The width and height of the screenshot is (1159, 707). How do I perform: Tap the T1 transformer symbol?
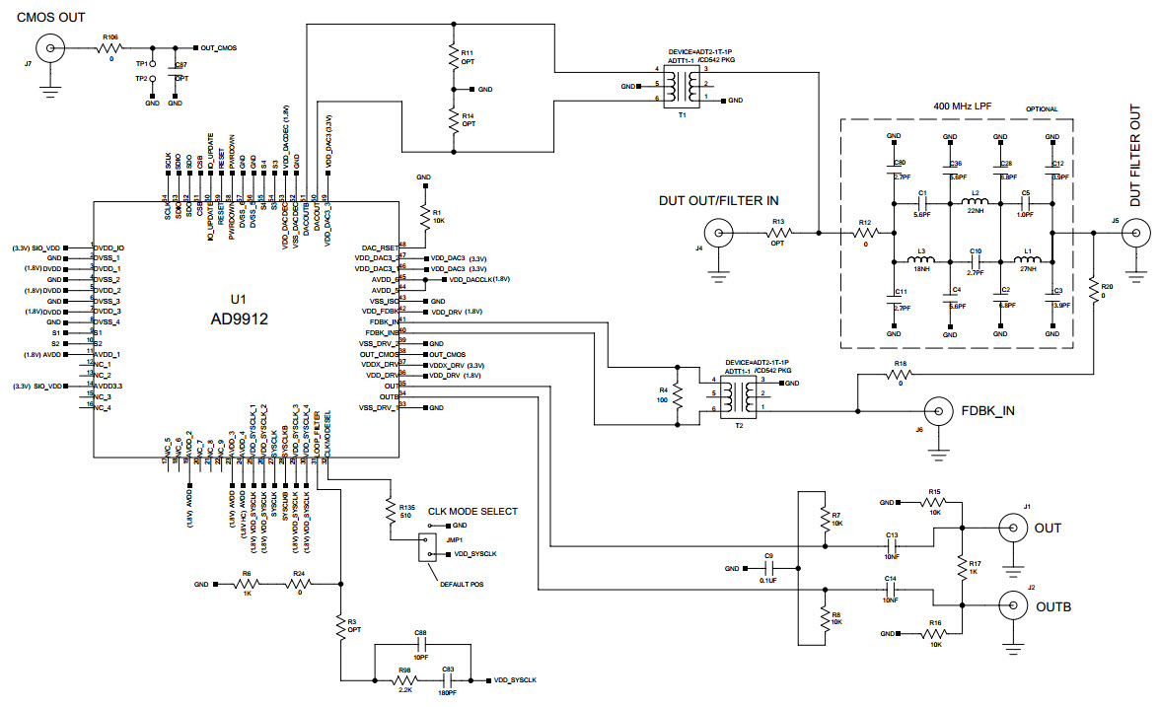click(681, 86)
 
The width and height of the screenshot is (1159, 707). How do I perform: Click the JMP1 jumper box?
click(426, 547)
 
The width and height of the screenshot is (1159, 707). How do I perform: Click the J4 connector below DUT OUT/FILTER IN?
click(722, 234)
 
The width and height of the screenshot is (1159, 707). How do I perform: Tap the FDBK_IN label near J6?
click(987, 409)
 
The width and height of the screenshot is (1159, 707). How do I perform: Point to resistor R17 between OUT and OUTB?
click(961, 566)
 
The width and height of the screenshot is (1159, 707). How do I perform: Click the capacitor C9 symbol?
click(769, 569)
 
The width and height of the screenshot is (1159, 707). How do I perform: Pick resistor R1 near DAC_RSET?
click(424, 215)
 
